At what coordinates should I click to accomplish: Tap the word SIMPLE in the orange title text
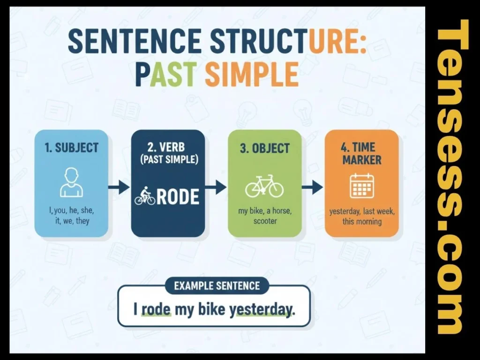point(252,74)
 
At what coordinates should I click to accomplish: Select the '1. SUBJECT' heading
point(72,148)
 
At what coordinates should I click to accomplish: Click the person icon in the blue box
point(71,183)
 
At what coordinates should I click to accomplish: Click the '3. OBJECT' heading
point(264,148)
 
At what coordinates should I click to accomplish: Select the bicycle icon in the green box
point(264,186)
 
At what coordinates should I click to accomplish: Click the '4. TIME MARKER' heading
point(361,153)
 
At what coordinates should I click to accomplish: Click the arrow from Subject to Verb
point(119,188)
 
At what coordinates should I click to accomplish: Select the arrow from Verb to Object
point(216,188)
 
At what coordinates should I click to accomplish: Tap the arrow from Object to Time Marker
point(312,188)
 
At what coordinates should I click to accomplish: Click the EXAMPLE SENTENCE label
point(217,285)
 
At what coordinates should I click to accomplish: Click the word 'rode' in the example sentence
point(156,310)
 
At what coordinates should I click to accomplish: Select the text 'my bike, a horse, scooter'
point(264,216)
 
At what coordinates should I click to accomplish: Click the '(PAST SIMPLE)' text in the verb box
point(168,160)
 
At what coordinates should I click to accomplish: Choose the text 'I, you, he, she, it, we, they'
point(71,216)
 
